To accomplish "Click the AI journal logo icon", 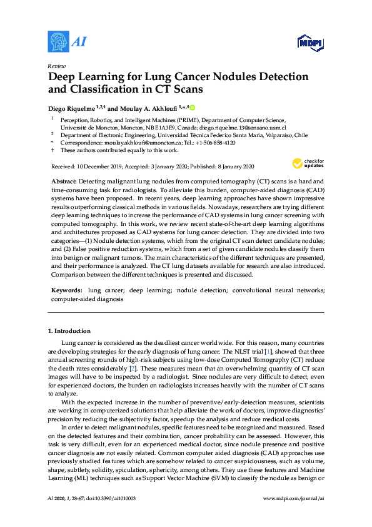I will point(58,41).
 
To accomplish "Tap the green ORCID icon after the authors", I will point(193,108).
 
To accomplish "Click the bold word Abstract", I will point(64,180).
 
